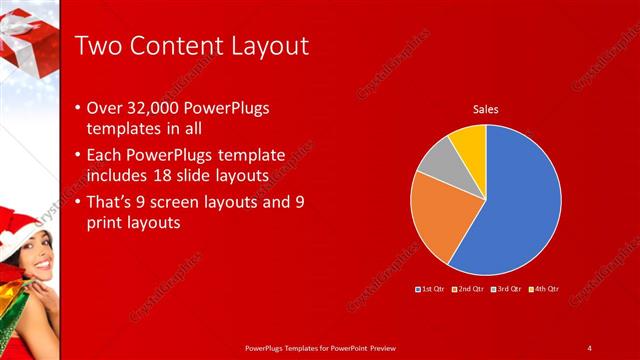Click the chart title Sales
[x=485, y=109]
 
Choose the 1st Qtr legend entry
[x=433, y=289]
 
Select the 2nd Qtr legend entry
[x=470, y=289]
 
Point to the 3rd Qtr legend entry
[x=508, y=289]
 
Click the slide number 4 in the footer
[x=589, y=347]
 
